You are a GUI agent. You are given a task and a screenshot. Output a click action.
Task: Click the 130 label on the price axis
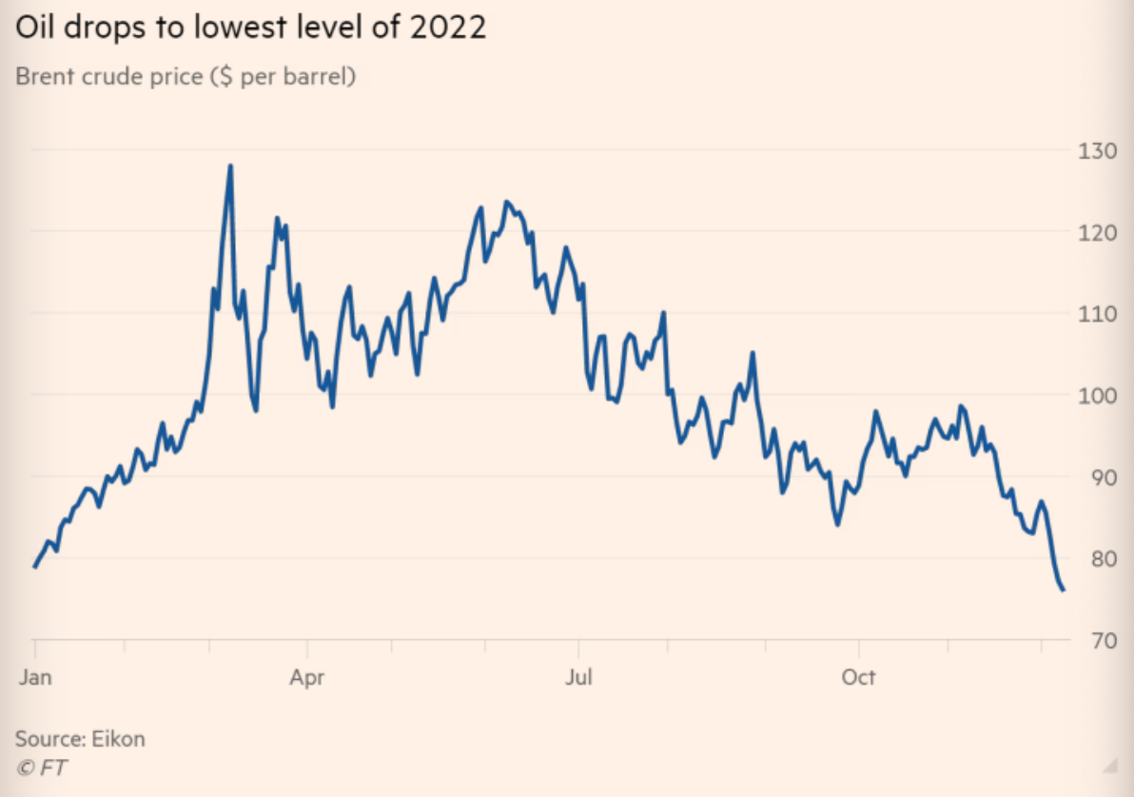(x=1093, y=149)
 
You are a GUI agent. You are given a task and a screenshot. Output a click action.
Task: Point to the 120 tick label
(x=1093, y=231)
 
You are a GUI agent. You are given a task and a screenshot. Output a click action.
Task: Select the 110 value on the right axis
(x=1093, y=313)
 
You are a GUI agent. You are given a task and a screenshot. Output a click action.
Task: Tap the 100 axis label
(x=1093, y=395)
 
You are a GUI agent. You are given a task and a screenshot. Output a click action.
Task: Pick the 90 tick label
(x=1093, y=476)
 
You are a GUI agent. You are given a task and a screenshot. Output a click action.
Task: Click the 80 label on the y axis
(x=1093, y=558)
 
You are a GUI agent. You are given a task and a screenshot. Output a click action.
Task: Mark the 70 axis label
(x=1093, y=640)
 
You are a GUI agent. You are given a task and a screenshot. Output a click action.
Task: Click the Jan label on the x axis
(x=34, y=677)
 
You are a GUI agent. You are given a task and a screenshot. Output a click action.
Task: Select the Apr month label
(x=307, y=677)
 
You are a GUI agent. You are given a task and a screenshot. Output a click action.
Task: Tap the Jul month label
(x=578, y=677)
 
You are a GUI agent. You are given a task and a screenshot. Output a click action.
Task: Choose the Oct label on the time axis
(x=859, y=677)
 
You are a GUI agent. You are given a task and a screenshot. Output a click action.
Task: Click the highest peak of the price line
(x=230, y=166)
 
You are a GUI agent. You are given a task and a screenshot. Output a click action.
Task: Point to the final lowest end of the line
(x=1063, y=590)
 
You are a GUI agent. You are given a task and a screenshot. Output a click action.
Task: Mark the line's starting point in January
(x=35, y=567)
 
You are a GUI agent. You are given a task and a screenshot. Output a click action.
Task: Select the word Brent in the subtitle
(x=45, y=77)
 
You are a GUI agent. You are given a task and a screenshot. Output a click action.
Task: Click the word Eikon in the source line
(x=118, y=738)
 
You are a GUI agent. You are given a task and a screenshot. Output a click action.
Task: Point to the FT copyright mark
(x=42, y=767)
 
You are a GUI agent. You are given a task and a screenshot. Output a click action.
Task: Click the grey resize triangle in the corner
(x=1106, y=766)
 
